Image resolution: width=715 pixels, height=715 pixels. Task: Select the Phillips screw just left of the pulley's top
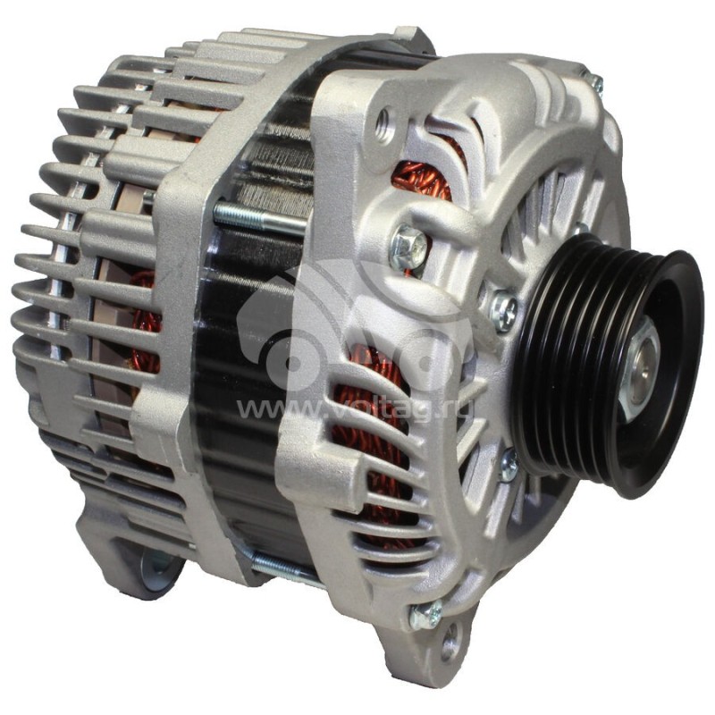click(x=503, y=310)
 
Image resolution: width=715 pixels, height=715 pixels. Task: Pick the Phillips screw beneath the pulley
click(x=508, y=465)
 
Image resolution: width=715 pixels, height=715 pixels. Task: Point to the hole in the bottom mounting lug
click(x=450, y=642)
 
